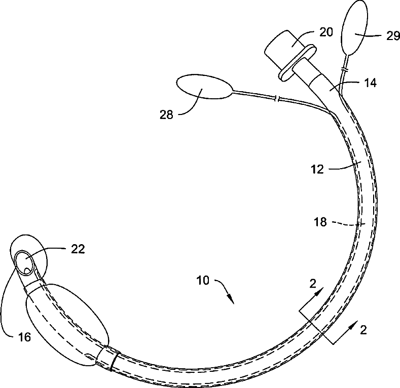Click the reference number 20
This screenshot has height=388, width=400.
pos(326,32)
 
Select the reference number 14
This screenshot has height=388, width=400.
pos(371,83)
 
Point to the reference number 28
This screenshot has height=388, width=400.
pos(166,114)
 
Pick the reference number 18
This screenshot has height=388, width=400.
pos(320,221)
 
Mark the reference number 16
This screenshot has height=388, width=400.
pos(24,337)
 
